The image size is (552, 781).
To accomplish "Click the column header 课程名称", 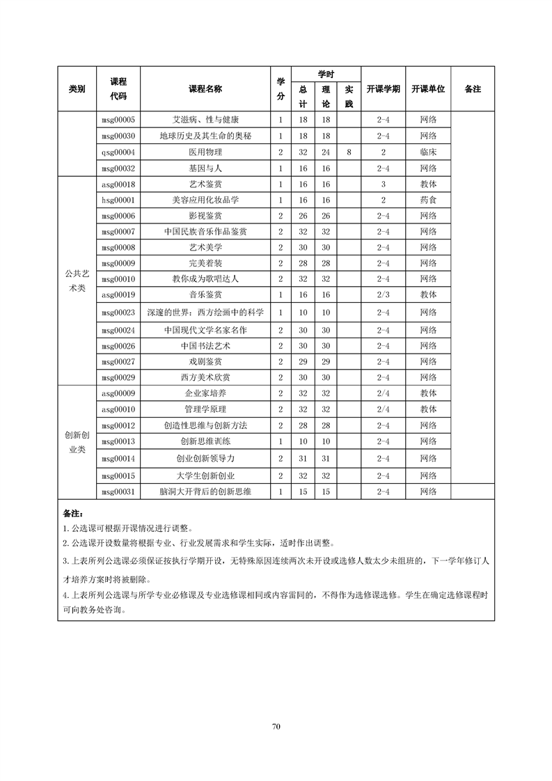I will click(x=205, y=89).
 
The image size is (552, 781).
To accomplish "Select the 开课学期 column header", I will click(x=383, y=89).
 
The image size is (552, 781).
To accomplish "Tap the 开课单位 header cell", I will click(x=428, y=89).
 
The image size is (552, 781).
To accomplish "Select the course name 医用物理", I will click(x=205, y=152).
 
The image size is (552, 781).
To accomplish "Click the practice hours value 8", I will click(x=348, y=152).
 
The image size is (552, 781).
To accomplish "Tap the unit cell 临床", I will click(x=428, y=152).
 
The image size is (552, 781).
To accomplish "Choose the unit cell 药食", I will click(x=428, y=200).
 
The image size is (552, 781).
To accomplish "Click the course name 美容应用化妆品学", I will click(x=205, y=200).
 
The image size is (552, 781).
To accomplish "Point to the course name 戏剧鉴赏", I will click(x=205, y=361).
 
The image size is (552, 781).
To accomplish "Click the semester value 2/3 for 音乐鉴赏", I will click(x=383, y=294).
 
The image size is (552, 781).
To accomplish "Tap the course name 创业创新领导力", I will click(x=205, y=458).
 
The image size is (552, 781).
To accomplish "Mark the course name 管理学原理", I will click(x=205, y=409).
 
